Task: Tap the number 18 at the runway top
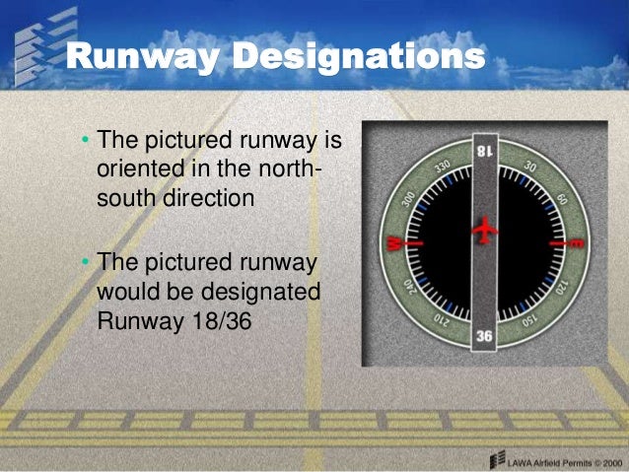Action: point(484,150)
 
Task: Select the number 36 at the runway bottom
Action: point(484,336)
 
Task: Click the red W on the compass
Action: point(393,241)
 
